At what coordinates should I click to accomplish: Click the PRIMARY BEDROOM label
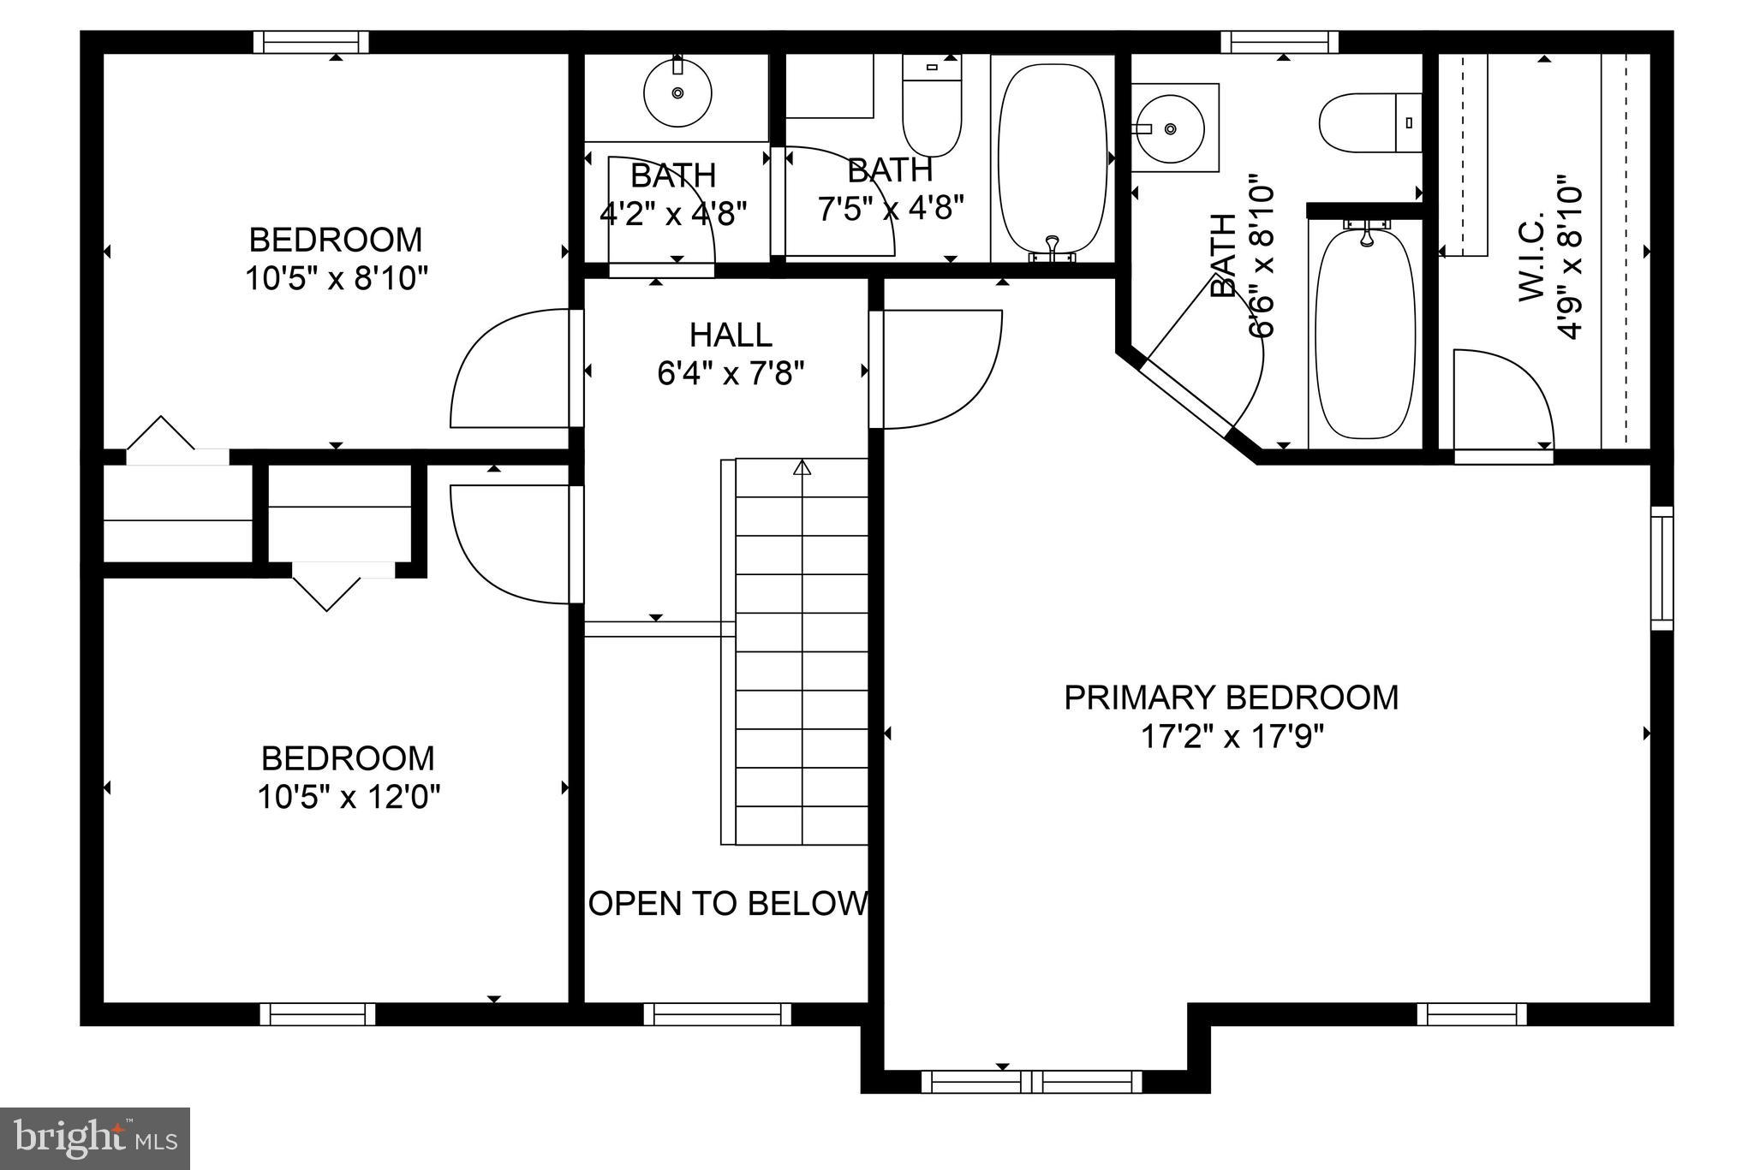(1231, 698)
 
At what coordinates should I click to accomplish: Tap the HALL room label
(731, 335)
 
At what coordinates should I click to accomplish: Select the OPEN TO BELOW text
(729, 904)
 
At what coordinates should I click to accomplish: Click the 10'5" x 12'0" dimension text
(349, 798)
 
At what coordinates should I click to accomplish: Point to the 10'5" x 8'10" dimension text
(336, 279)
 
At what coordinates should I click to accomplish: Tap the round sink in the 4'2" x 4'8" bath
(677, 92)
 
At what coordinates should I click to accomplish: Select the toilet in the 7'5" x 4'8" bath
(932, 107)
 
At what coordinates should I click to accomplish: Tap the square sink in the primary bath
(1172, 128)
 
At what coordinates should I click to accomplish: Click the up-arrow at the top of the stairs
(802, 467)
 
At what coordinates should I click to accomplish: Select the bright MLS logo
(95, 1138)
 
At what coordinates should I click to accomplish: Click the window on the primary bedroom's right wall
(1662, 567)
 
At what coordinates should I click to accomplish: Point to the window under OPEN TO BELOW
(717, 1014)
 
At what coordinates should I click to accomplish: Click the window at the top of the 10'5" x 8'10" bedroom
(315, 42)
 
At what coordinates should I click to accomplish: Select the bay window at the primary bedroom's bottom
(1032, 1081)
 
